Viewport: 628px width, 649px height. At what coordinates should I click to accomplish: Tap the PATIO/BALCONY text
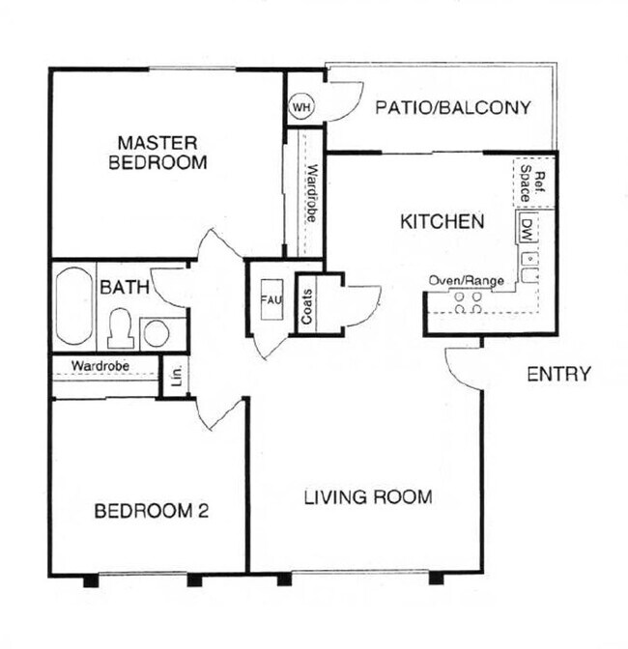[x=452, y=107]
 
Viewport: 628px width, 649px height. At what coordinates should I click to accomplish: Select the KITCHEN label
[x=442, y=222]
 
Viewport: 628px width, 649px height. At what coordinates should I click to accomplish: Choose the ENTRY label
[x=558, y=375]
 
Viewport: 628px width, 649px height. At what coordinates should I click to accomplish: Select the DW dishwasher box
[x=527, y=230]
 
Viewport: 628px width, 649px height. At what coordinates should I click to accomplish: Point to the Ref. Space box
[x=533, y=183]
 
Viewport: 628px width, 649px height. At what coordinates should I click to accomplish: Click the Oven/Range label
[x=468, y=281]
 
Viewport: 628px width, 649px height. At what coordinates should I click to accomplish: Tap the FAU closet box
[x=270, y=300]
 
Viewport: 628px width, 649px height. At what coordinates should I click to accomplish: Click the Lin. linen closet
[x=177, y=374]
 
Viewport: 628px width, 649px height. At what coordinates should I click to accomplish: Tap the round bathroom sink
[x=157, y=333]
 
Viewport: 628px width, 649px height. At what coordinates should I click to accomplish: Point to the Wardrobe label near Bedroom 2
[x=101, y=366]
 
